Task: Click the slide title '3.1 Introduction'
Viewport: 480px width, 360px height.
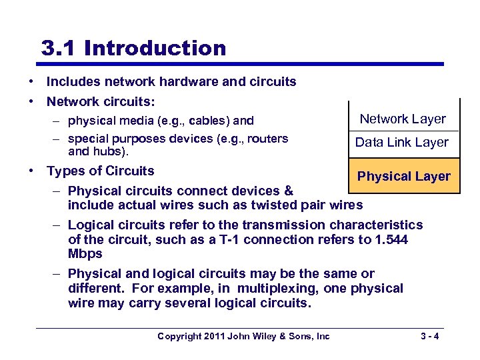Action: (133, 49)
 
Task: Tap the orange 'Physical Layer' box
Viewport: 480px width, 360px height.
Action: (404, 177)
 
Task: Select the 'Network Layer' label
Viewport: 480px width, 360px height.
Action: (403, 119)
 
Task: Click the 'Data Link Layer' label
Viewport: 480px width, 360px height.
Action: (401, 142)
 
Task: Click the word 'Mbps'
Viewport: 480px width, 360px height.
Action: (85, 254)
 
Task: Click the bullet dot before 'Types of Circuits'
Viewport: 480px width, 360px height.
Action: (31, 171)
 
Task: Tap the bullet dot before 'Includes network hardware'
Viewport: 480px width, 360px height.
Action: (31, 82)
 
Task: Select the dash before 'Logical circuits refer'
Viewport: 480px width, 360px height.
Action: (57, 225)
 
